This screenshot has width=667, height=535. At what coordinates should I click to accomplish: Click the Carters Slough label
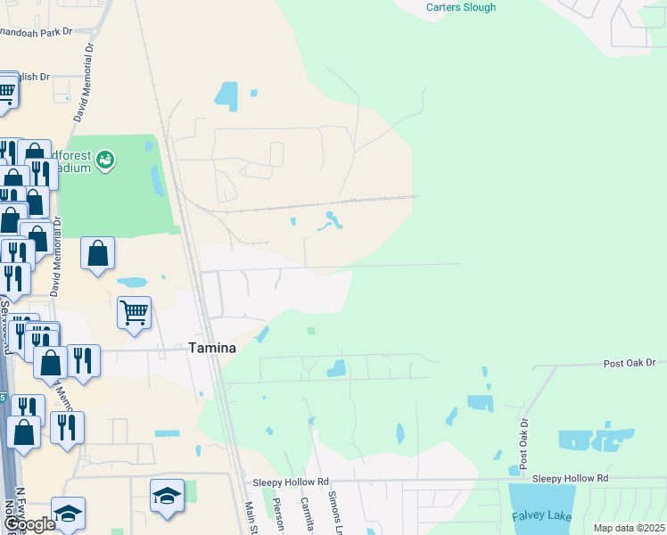[460, 7]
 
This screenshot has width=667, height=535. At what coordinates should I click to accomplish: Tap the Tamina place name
[211, 349]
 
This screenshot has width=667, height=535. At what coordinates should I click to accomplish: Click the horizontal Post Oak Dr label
[629, 363]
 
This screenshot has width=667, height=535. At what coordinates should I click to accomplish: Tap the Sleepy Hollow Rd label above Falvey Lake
[570, 479]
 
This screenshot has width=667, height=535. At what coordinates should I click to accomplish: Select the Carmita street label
[309, 514]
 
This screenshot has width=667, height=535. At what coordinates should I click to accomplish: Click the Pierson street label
[280, 515]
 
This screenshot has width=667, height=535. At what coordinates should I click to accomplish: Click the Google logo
[29, 524]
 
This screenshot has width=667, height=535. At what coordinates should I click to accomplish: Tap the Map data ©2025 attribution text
[629, 528]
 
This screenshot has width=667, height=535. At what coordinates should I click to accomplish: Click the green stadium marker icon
[106, 160]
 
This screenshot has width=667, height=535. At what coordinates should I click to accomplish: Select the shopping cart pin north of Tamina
[134, 313]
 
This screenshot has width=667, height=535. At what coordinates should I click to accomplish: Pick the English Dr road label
[32, 78]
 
